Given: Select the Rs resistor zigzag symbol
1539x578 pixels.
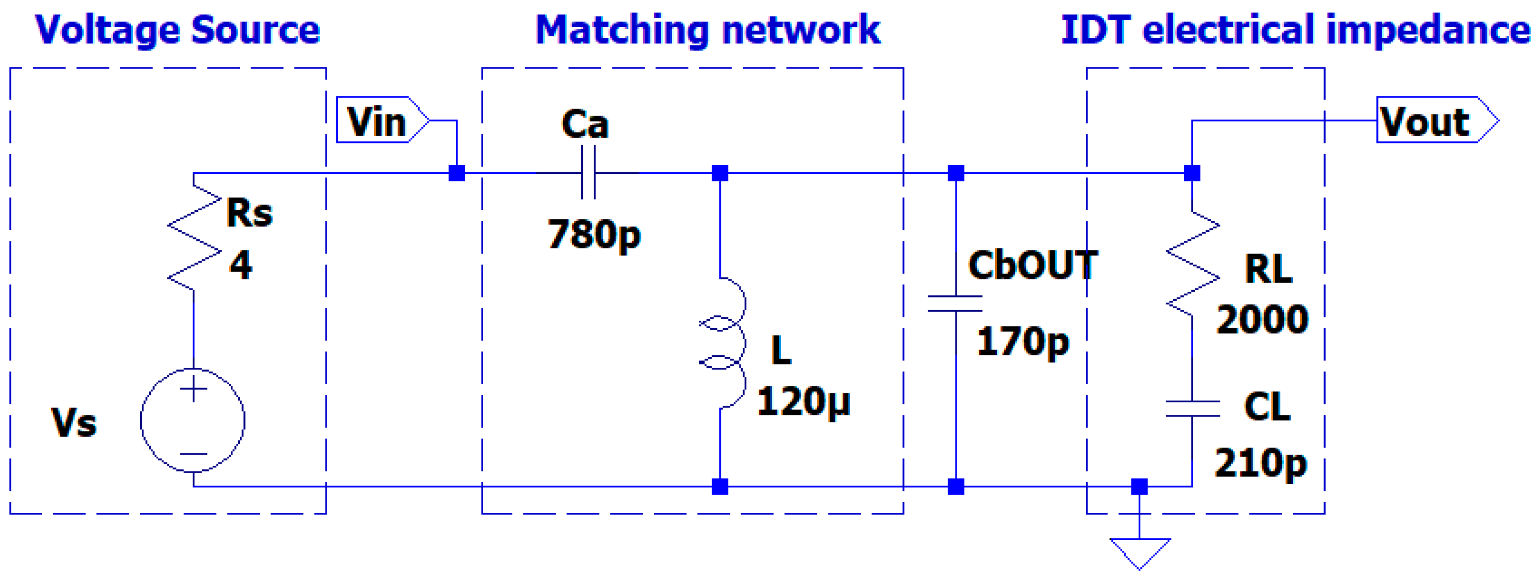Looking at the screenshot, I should click(194, 239).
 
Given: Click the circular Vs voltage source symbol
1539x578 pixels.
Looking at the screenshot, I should click(192, 420).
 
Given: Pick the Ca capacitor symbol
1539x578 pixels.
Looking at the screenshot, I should click(589, 173).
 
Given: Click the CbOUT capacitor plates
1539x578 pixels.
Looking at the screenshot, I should click(955, 303).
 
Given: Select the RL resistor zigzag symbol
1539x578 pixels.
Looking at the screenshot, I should click(1193, 263).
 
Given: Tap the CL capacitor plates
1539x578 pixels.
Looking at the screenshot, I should click(1193, 409).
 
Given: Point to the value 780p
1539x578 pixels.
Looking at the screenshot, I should click(594, 234).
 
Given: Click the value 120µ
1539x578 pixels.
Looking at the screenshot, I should click(803, 401).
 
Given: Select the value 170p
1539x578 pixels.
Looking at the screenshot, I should click(1022, 342).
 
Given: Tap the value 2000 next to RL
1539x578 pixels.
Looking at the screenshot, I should click(1262, 320).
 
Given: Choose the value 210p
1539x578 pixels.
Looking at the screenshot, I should click(1261, 463).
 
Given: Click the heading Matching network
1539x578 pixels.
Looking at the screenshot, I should click(707, 30).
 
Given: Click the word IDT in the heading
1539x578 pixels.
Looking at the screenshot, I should click(1096, 30).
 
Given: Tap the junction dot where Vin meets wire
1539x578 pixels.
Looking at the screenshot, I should click(456, 173).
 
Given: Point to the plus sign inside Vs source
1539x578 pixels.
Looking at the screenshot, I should click(193, 390).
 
